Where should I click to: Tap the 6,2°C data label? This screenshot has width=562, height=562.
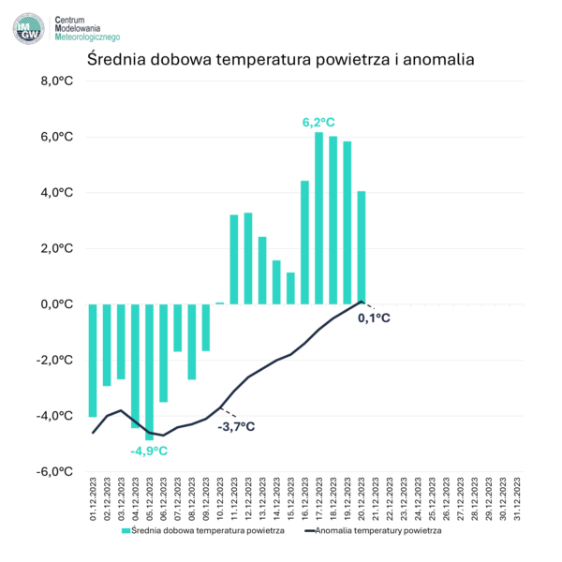click(319, 123)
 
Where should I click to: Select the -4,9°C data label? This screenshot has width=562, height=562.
click(150, 451)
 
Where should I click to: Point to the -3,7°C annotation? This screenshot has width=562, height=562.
click(236, 427)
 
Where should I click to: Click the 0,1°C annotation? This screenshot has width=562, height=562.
click(374, 318)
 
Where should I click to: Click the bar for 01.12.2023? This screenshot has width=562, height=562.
click(93, 360)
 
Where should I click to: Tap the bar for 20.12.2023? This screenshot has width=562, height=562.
click(362, 247)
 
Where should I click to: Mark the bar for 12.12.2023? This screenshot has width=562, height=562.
click(248, 258)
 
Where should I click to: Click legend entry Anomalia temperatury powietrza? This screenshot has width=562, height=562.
click(374, 530)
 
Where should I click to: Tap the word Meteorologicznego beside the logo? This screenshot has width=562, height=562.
click(88, 37)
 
